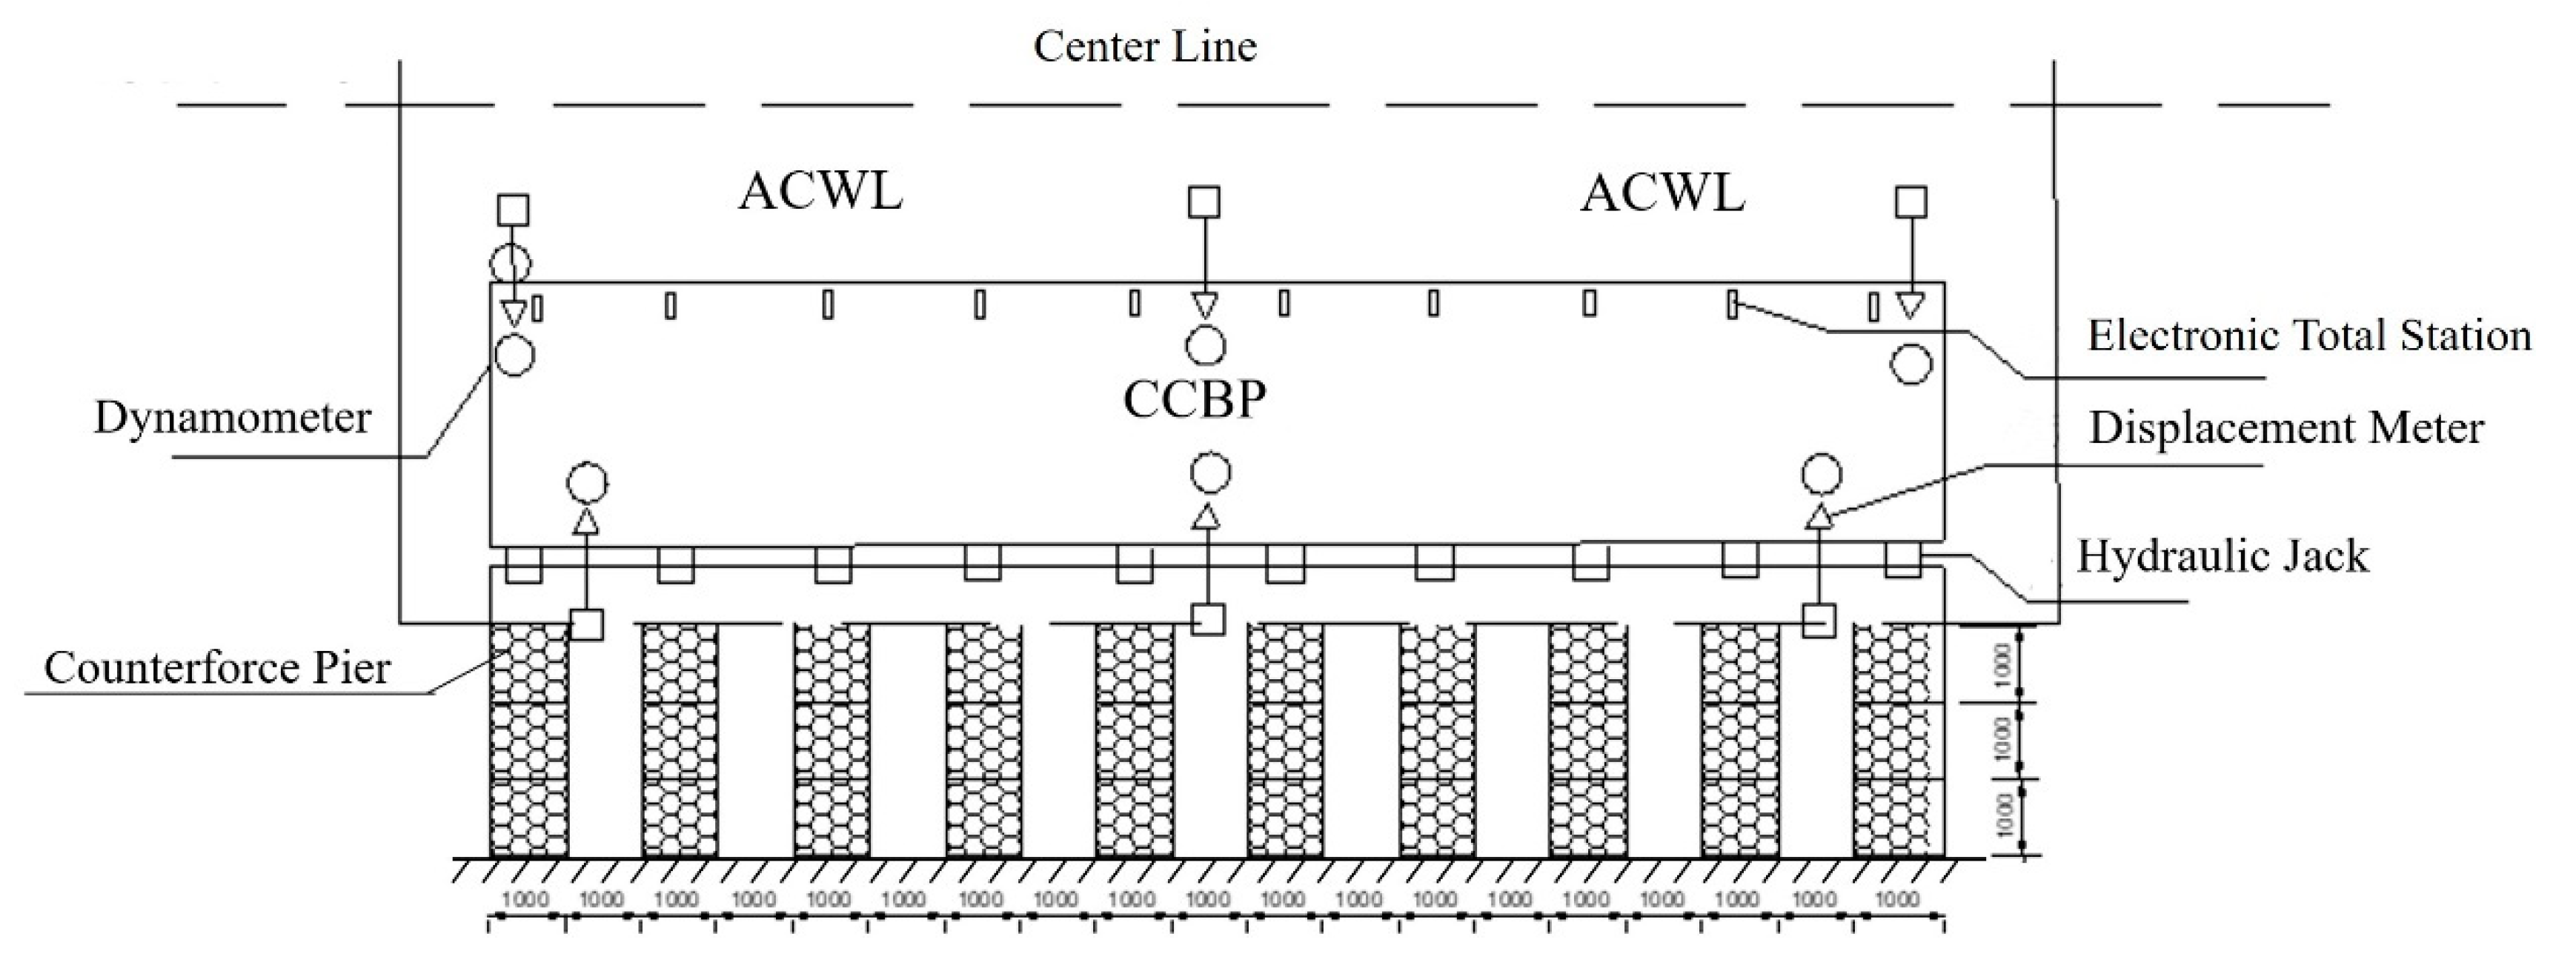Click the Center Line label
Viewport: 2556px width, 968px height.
[x=1145, y=47]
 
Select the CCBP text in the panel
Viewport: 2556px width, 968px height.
[x=1194, y=401]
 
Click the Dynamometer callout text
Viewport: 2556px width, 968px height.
[x=232, y=418]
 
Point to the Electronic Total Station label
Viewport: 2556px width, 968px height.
[x=2309, y=336]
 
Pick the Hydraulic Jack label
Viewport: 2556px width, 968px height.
[x=2223, y=556]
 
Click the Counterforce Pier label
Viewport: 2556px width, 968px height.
[x=217, y=669]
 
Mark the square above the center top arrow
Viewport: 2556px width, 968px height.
[x=1204, y=202]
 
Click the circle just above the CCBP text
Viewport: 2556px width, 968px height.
[x=1204, y=345]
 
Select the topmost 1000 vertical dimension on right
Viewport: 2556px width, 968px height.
[x=2002, y=664]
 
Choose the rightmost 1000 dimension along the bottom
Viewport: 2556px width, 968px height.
[x=1897, y=900]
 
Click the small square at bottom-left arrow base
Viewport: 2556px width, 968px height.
[x=586, y=624]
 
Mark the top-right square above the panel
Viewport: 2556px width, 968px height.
[x=1911, y=202]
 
